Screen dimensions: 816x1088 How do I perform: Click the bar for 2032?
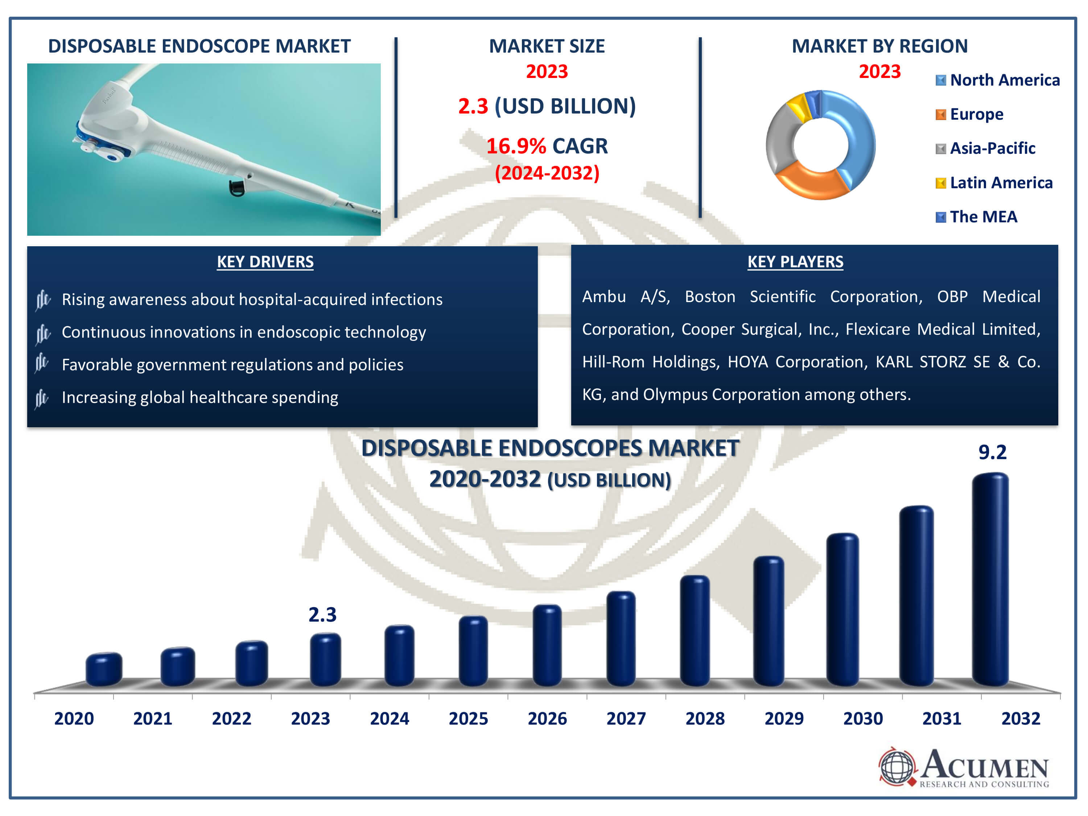tap(990, 580)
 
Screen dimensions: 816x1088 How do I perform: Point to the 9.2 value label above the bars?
tap(992, 452)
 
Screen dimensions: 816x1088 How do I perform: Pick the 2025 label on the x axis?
tap(468, 718)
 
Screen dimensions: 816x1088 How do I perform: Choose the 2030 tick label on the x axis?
tap(863, 718)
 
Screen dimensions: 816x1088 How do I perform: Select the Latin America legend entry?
tap(994, 183)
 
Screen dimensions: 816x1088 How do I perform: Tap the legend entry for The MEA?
tap(976, 217)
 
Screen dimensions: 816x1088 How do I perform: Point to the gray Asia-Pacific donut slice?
tap(780, 138)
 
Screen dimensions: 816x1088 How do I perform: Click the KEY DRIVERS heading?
tap(265, 262)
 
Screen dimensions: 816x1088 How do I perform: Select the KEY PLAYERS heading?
tap(795, 262)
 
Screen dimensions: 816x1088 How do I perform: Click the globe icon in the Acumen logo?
tap(897, 766)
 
